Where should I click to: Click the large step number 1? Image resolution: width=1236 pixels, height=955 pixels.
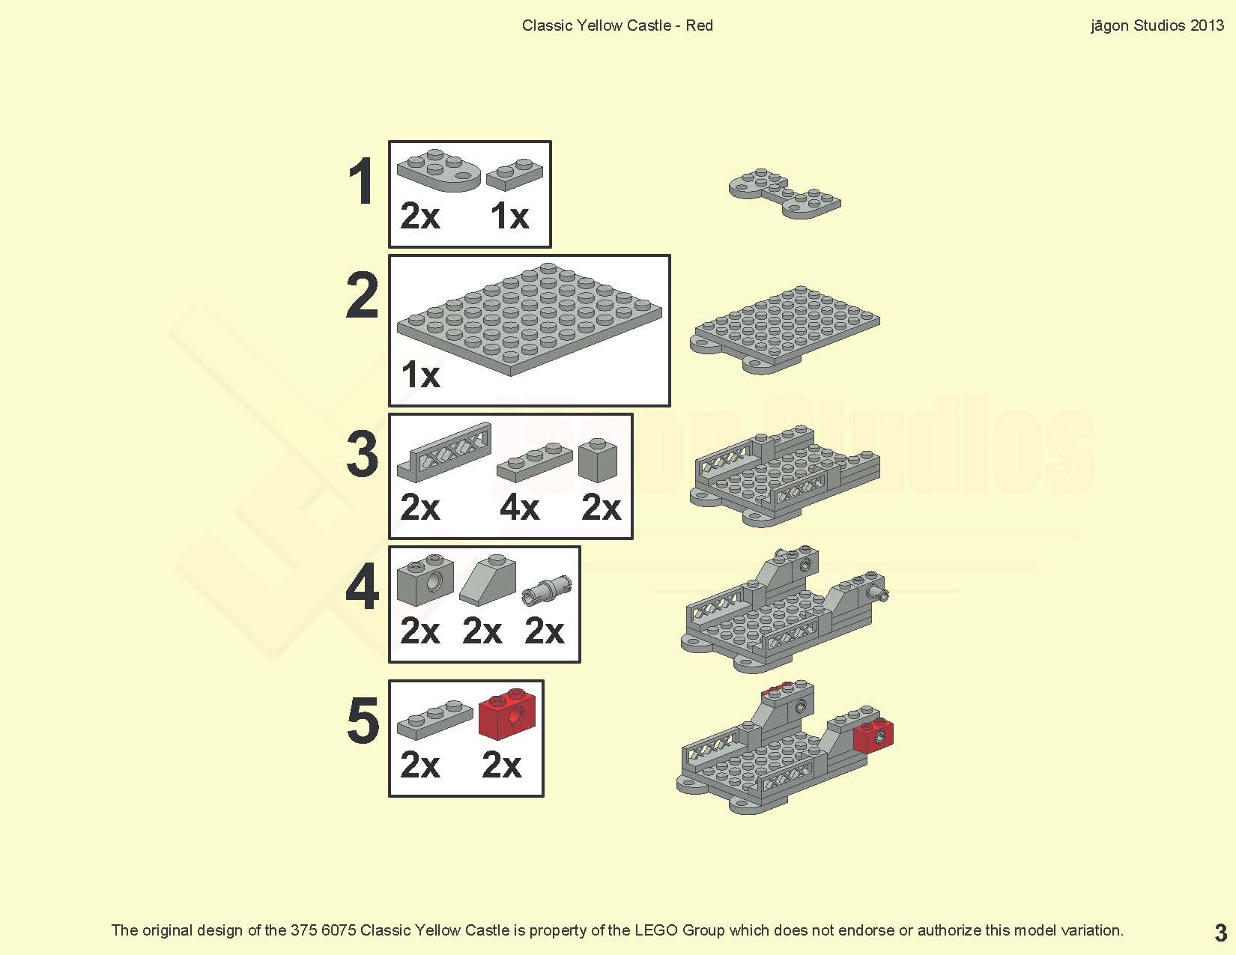[x=362, y=181]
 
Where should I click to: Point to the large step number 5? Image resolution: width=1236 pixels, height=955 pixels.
[x=363, y=720]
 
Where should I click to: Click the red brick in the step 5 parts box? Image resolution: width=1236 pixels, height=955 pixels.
[x=507, y=715]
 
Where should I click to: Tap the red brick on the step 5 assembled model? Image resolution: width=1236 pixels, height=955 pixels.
[x=873, y=736]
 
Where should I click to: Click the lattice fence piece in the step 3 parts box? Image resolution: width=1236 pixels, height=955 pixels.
[x=444, y=452]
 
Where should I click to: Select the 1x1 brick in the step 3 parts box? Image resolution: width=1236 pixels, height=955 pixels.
[x=598, y=460]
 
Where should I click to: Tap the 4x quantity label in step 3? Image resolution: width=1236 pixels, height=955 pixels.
[x=519, y=507]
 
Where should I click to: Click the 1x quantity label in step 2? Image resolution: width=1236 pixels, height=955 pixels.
[x=420, y=375]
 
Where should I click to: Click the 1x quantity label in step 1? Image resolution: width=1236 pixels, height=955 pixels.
[x=509, y=216]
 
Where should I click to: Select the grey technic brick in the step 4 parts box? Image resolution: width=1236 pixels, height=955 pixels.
[x=425, y=580]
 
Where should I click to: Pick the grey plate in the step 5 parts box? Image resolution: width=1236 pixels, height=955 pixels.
[x=435, y=720]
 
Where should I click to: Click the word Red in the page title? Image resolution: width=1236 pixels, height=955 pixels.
[x=699, y=25]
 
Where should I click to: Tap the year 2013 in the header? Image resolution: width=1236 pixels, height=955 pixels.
[x=1207, y=25]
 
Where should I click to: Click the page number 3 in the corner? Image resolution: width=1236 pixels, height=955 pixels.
[x=1220, y=933]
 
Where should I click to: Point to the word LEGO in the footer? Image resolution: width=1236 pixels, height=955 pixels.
[x=656, y=930]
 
